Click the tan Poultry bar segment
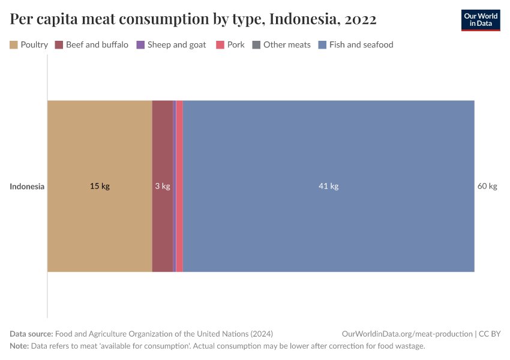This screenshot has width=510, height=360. (x=100, y=150)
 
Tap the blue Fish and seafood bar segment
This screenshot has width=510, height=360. (x=329, y=150)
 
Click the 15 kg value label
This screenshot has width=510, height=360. (x=100, y=186)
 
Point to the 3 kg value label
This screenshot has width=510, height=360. (x=163, y=186)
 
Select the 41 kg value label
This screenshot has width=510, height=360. (x=328, y=186)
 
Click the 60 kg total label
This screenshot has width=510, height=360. (x=487, y=186)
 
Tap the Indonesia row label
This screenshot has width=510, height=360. (x=27, y=186)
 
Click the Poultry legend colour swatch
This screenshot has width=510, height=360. (x=14, y=44)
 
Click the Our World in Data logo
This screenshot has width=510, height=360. (x=480, y=20)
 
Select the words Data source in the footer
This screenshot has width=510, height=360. (x=31, y=334)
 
